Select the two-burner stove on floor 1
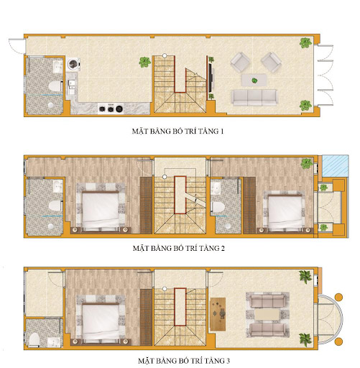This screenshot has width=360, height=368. click(x=109, y=109)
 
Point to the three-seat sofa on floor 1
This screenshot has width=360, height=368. click(x=254, y=96)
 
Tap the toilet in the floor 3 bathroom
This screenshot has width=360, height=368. click(x=34, y=339)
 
